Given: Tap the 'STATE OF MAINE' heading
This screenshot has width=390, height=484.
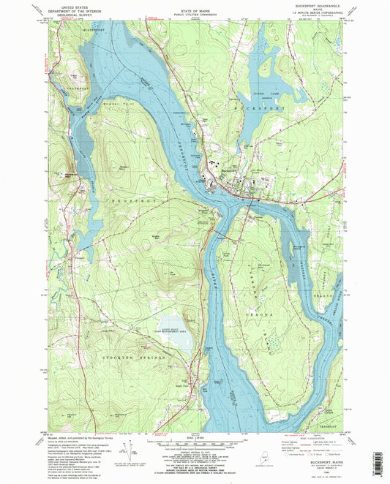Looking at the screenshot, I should [195, 6].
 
